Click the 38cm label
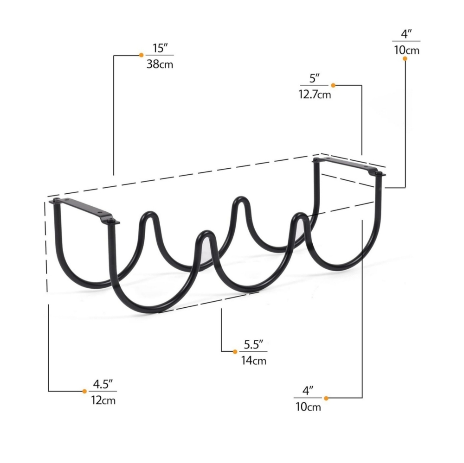(x=160, y=64)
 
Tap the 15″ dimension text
(x=160, y=48)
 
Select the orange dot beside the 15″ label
(x=142, y=55)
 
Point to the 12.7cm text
(x=315, y=95)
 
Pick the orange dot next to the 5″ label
(x=333, y=85)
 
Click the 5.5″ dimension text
(x=254, y=344)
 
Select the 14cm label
(x=254, y=361)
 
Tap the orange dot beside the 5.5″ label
(x=235, y=351)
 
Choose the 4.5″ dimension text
(x=103, y=384)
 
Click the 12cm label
(x=103, y=400)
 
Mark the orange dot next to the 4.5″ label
(x=84, y=392)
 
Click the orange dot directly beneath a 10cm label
(x=405, y=58)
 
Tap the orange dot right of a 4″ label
(x=326, y=398)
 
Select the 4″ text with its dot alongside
(x=308, y=391)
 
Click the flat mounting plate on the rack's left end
(x=84, y=210)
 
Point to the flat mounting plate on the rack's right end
(x=350, y=166)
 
